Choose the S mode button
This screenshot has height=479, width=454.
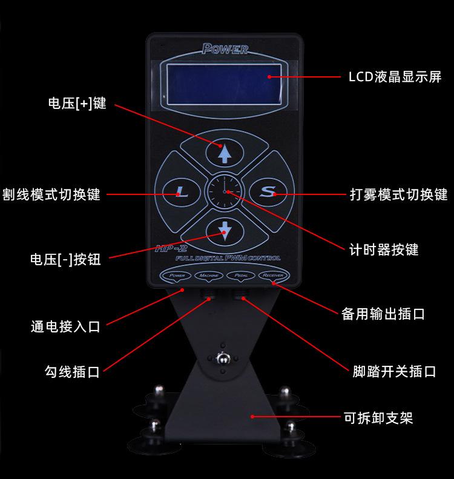pyautogui.click(x=268, y=192)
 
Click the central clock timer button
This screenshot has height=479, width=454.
pyautogui.click(x=224, y=192)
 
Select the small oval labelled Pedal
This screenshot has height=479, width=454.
pyautogui.click(x=240, y=276)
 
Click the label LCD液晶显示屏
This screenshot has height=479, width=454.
pyautogui.click(x=395, y=78)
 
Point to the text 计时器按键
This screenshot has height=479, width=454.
pyautogui.click(x=384, y=249)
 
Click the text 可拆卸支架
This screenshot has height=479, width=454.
pyautogui.click(x=378, y=417)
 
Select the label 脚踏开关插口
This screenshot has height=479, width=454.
pyautogui.click(x=394, y=371)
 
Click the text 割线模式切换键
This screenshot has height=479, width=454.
pyautogui.click(x=51, y=194)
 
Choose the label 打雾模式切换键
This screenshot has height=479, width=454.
pyautogui.click(x=398, y=194)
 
